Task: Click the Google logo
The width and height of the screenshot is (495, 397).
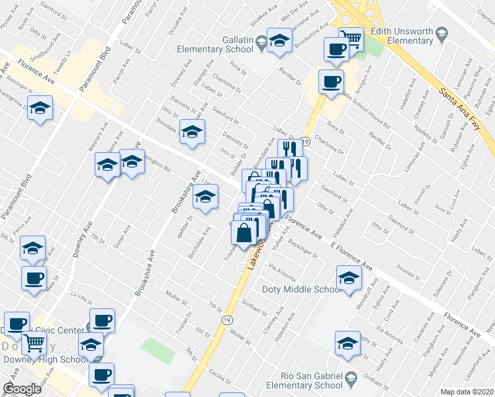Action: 22,389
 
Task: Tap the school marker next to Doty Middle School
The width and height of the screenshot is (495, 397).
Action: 348,278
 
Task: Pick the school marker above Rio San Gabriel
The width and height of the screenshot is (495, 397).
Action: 347,343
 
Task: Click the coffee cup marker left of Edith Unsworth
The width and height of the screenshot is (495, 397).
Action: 336,49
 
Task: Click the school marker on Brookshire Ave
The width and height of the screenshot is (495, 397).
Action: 206,197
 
